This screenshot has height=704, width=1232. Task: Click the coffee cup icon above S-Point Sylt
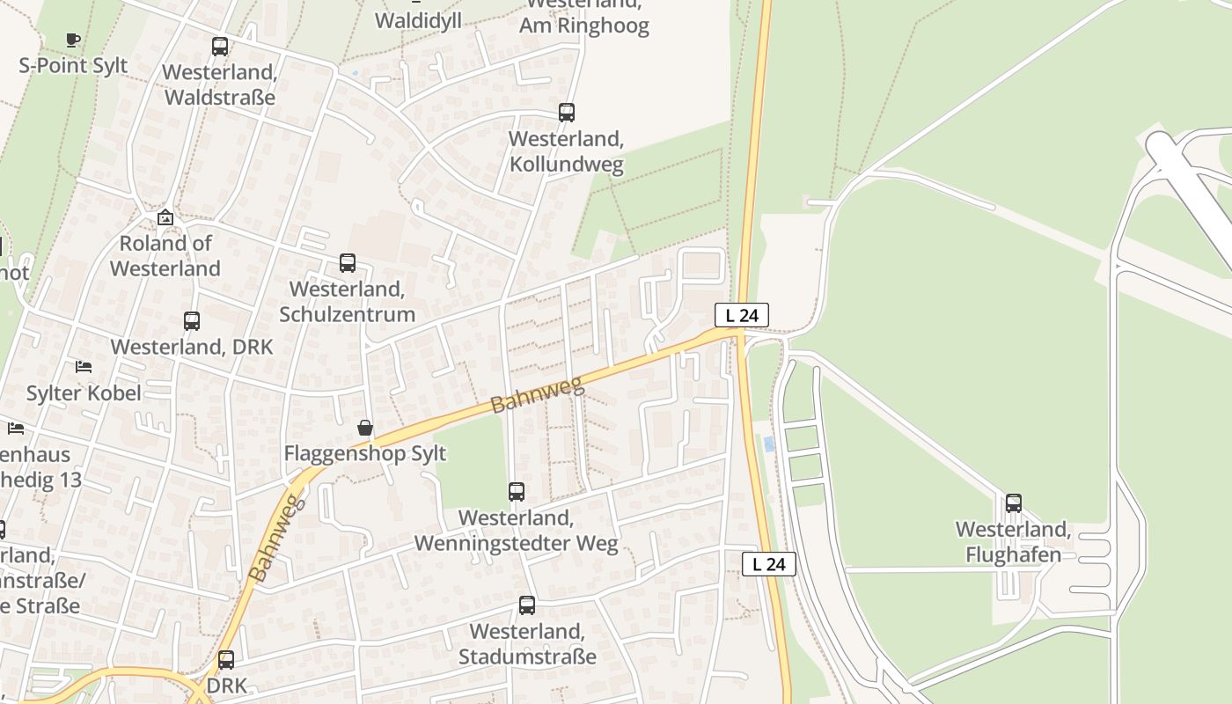tap(73, 40)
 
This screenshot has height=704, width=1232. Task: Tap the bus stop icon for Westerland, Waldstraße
tap(220, 47)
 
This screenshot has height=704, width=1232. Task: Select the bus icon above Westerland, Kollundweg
tap(567, 113)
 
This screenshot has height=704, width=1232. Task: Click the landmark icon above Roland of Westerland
tap(165, 217)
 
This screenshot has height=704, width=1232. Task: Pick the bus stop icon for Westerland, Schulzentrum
tap(348, 263)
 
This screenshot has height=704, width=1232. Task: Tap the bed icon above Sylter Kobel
tap(84, 366)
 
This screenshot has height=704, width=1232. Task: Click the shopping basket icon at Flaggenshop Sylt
tap(365, 429)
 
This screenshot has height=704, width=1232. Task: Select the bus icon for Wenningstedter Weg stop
tap(517, 492)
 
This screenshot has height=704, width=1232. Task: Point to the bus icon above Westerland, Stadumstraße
tap(527, 605)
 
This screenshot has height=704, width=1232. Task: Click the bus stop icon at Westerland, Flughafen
tap(1014, 503)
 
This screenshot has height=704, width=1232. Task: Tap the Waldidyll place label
tap(418, 20)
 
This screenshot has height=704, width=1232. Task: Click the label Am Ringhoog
tap(584, 25)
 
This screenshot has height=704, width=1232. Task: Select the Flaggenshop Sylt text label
tap(365, 454)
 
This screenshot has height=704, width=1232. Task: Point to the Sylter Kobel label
tap(84, 392)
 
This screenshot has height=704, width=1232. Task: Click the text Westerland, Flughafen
tap(1014, 542)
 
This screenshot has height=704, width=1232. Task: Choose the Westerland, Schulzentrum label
tap(348, 301)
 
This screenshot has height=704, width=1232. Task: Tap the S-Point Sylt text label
tap(73, 65)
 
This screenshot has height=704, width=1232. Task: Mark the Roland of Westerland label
tap(165, 255)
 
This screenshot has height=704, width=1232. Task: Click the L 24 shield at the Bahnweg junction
tap(741, 315)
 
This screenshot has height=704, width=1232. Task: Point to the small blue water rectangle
tap(770, 444)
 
